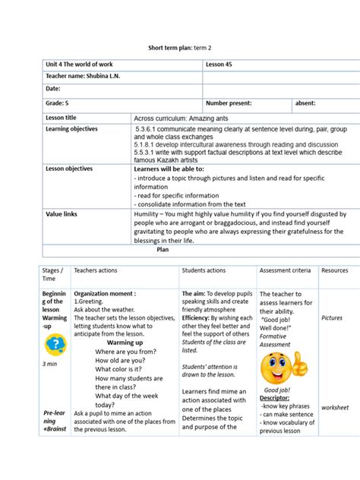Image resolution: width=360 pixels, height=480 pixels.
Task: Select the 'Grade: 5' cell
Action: tap(58, 103)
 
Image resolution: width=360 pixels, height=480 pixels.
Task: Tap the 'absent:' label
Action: tap(305, 103)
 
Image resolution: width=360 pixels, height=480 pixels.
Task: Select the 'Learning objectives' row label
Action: tap(72, 129)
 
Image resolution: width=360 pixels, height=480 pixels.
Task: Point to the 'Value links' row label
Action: tap(62, 193)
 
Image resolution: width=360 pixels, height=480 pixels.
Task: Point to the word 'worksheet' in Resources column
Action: tap(335, 408)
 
